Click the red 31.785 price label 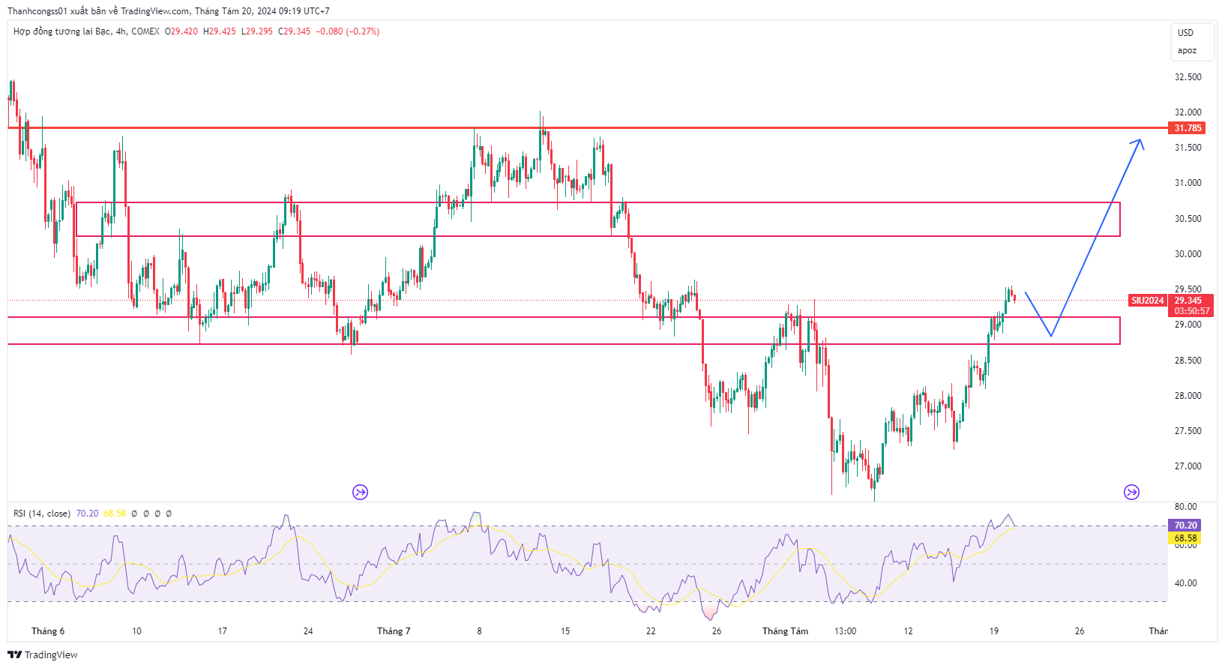click(x=1188, y=128)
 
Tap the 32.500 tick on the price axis click(x=1188, y=77)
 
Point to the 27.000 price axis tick click(x=1188, y=466)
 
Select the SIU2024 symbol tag click(x=1148, y=301)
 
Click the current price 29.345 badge click(x=1188, y=301)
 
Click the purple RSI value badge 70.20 click(x=1185, y=526)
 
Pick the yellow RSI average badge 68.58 click(x=1185, y=538)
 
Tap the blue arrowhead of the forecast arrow click(x=1140, y=142)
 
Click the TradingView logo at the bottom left click(x=43, y=655)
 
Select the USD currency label click(x=1185, y=33)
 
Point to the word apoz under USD click(x=1187, y=51)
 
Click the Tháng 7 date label click(x=394, y=631)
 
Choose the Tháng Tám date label click(x=785, y=631)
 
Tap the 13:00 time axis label click(x=845, y=631)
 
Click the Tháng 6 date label click(x=48, y=631)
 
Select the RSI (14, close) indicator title click(x=42, y=514)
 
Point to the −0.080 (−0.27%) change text click(x=347, y=31)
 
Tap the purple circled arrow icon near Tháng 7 click(x=361, y=493)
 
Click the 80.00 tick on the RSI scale click(x=1185, y=507)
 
